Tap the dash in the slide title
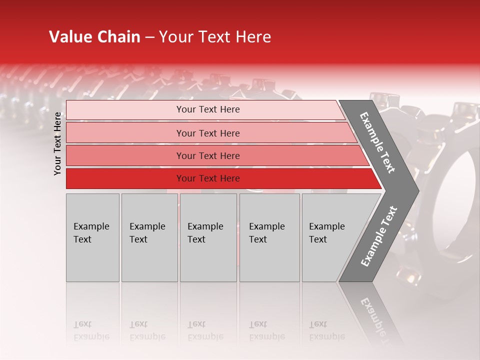click(x=149, y=37)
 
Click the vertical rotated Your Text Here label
click(x=57, y=143)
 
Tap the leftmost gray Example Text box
click(x=92, y=237)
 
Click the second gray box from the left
click(x=149, y=237)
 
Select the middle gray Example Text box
click(x=208, y=237)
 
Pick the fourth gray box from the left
click(x=269, y=237)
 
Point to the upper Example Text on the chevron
click(x=377, y=142)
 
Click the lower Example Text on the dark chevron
click(x=378, y=236)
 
